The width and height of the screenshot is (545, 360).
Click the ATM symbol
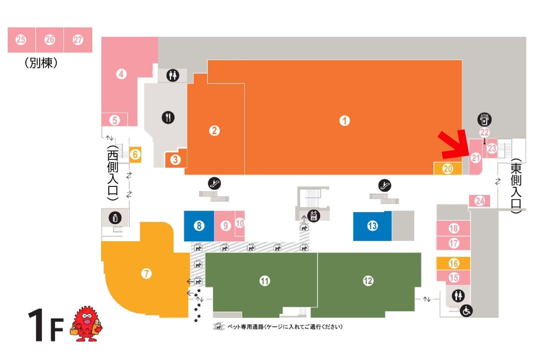(484, 119)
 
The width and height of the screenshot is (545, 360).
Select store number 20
(448, 168)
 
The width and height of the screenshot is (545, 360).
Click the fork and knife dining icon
(168, 117)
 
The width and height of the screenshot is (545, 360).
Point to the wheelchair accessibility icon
(466, 311)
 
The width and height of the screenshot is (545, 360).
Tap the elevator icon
(314, 216)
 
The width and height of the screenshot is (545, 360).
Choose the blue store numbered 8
(199, 226)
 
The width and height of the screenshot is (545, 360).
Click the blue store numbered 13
(372, 226)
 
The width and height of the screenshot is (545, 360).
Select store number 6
(135, 155)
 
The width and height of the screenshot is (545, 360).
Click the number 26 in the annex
(50, 40)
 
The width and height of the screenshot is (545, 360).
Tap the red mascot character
(86, 324)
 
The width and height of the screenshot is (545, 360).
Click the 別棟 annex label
(41, 63)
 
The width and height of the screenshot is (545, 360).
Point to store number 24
(479, 201)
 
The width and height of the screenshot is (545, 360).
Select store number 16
(453, 263)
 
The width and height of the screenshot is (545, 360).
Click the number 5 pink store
(115, 120)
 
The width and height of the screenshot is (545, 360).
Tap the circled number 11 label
(265, 281)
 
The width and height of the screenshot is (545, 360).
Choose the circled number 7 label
(146, 274)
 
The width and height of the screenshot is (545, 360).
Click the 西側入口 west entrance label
(113, 173)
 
